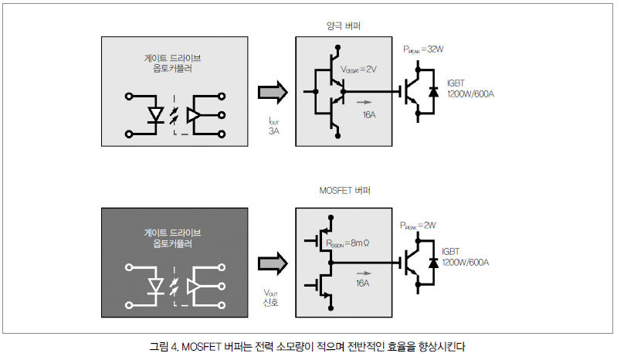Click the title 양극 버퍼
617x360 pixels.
[x=344, y=26]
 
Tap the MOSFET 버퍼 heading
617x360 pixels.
[x=344, y=190]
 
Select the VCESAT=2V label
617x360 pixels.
[x=358, y=70]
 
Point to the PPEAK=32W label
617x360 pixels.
[x=423, y=49]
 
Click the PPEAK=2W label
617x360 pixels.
[x=418, y=226]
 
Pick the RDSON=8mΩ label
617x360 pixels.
[x=347, y=243]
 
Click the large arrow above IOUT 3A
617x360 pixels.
[x=273, y=93]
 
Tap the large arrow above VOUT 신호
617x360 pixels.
[x=273, y=263]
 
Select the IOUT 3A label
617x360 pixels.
[x=274, y=126]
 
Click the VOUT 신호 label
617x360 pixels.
[x=271, y=298]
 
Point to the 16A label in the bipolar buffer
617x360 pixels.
[x=369, y=115]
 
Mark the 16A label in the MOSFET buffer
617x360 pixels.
[x=362, y=284]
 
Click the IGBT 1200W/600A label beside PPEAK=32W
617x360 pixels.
[x=470, y=89]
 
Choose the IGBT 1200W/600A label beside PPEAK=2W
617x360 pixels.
[x=465, y=257]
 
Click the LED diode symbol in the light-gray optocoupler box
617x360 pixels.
[x=156, y=115]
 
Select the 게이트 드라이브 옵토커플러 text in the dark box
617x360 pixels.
[x=172, y=238]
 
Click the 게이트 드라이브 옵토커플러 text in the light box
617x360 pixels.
[x=172, y=63]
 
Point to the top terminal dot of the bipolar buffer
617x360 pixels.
[x=337, y=48]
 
